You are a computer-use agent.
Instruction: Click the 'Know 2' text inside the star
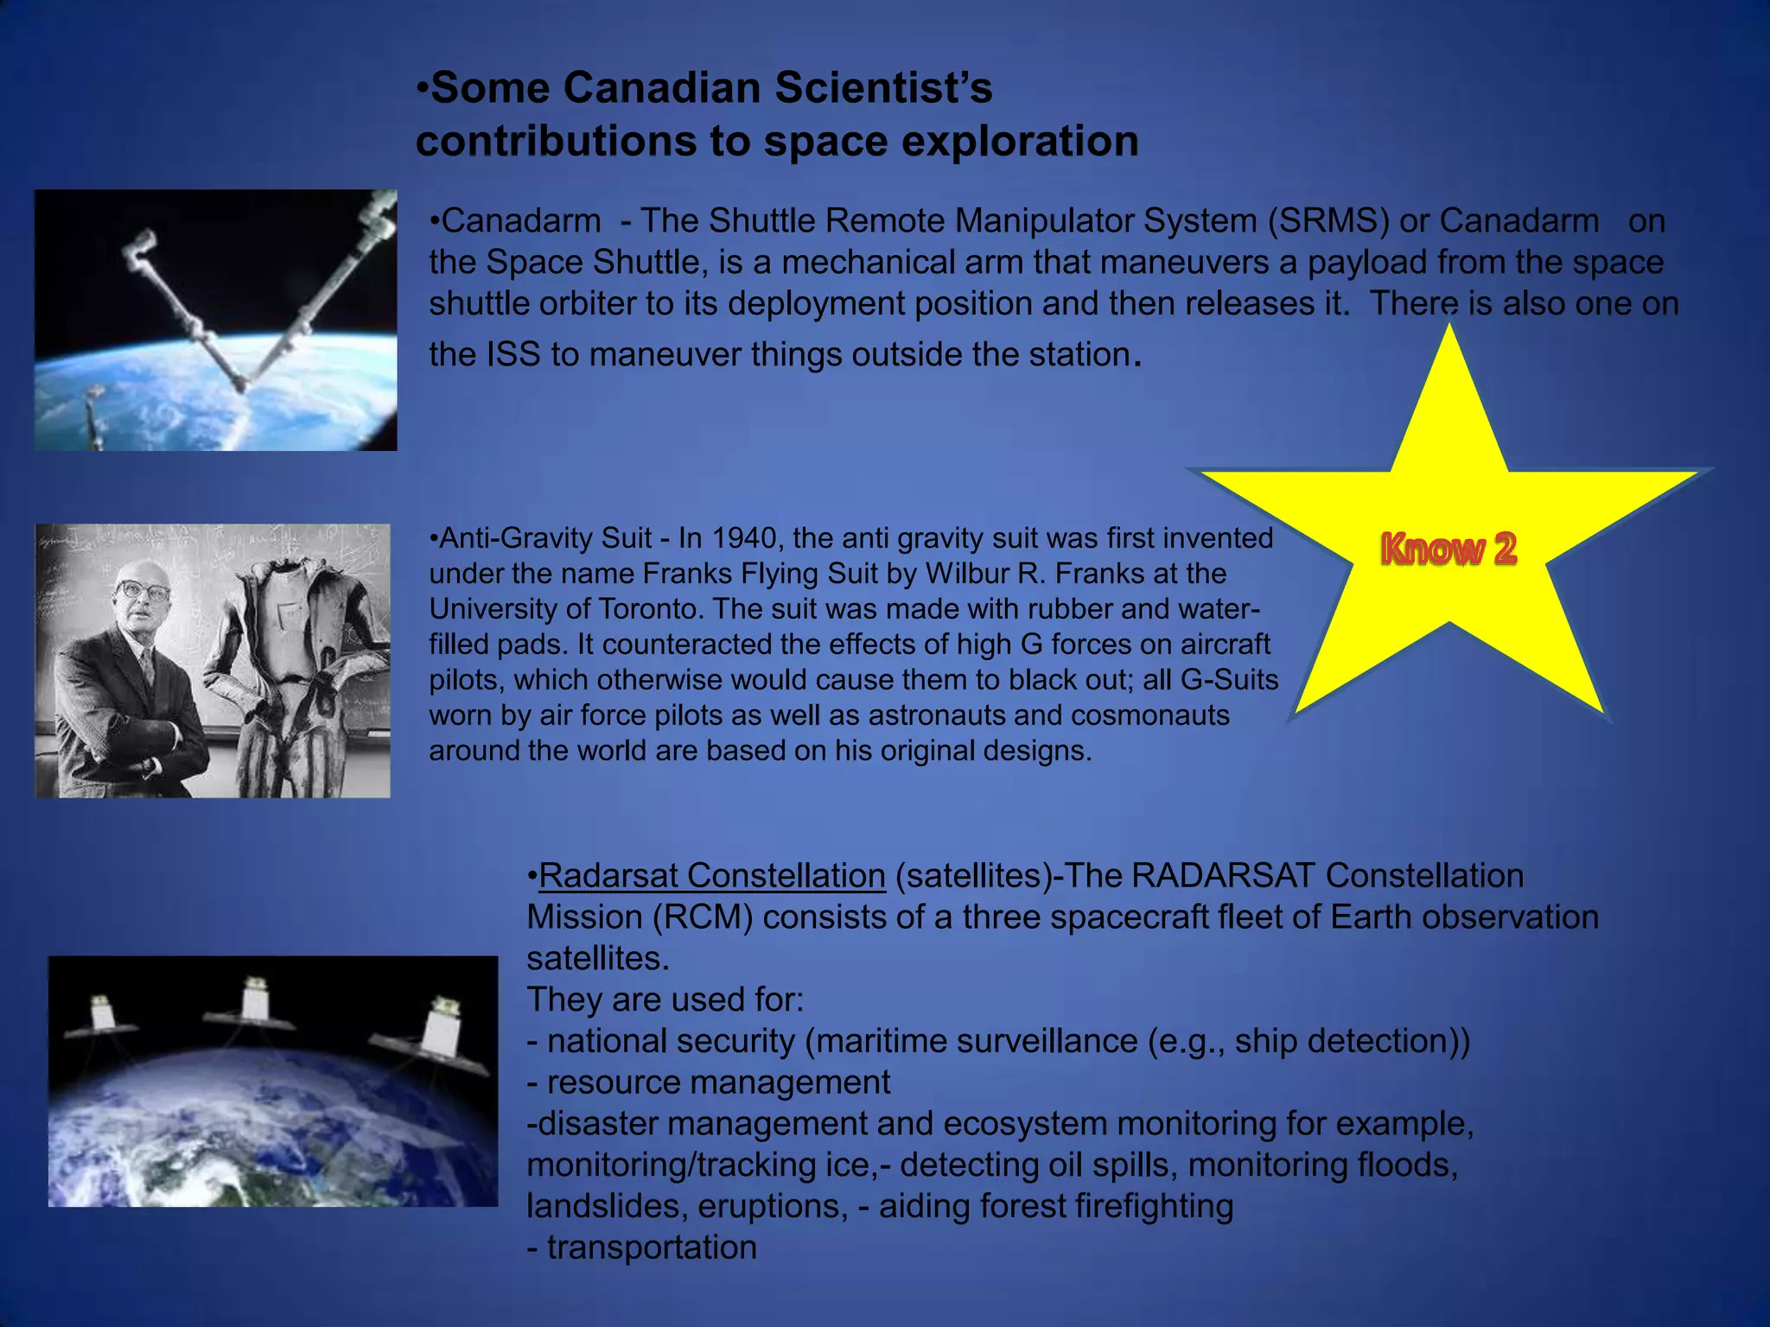pyautogui.click(x=1448, y=549)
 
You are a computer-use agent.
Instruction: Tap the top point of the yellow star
pyautogui.click(x=1449, y=333)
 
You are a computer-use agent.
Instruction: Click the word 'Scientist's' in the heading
pyautogui.click(x=882, y=88)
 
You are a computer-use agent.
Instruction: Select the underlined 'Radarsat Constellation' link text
pyautogui.click(x=712, y=876)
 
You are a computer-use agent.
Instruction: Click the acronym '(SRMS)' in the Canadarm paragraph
pyautogui.click(x=1328, y=221)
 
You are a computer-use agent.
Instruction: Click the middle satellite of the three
pyautogui.click(x=254, y=1002)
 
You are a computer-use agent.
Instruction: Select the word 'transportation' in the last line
pyautogui.click(x=652, y=1248)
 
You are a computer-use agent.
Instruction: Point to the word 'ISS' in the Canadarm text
pyautogui.click(x=513, y=354)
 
